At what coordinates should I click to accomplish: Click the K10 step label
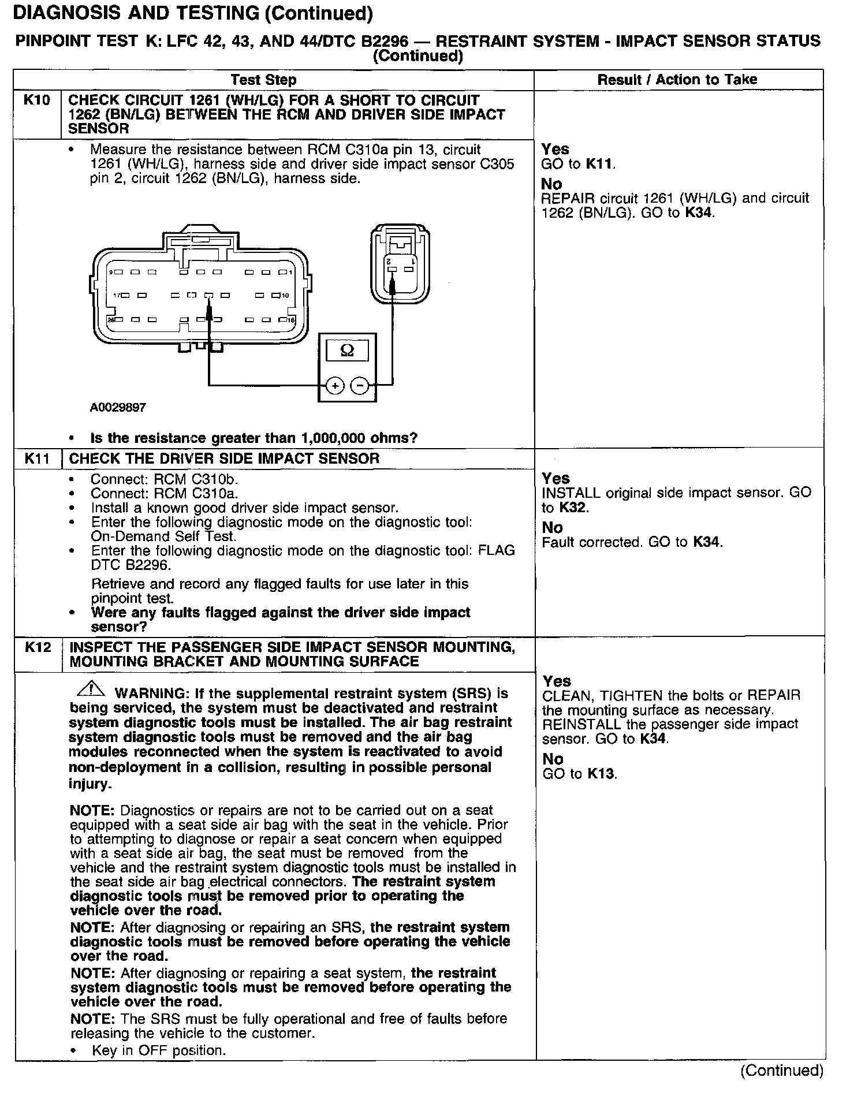coord(37,100)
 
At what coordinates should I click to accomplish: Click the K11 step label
coord(38,459)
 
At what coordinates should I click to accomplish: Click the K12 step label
coord(38,647)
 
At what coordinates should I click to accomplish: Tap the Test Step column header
coord(263,80)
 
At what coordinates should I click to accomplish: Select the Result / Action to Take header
coord(677,80)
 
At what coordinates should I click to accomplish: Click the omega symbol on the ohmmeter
coord(348,351)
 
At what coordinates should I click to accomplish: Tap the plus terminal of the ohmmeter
coord(335,385)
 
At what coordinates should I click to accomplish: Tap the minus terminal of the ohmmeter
coord(359,385)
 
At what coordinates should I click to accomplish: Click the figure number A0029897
coord(118,408)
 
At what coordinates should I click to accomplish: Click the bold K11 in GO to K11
coord(600,164)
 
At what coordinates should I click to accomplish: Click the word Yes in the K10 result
coord(556,150)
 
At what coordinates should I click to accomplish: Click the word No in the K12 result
coord(553,759)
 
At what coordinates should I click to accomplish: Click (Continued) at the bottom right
coord(781,1070)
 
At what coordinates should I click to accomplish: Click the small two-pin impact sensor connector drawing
coord(400,264)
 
